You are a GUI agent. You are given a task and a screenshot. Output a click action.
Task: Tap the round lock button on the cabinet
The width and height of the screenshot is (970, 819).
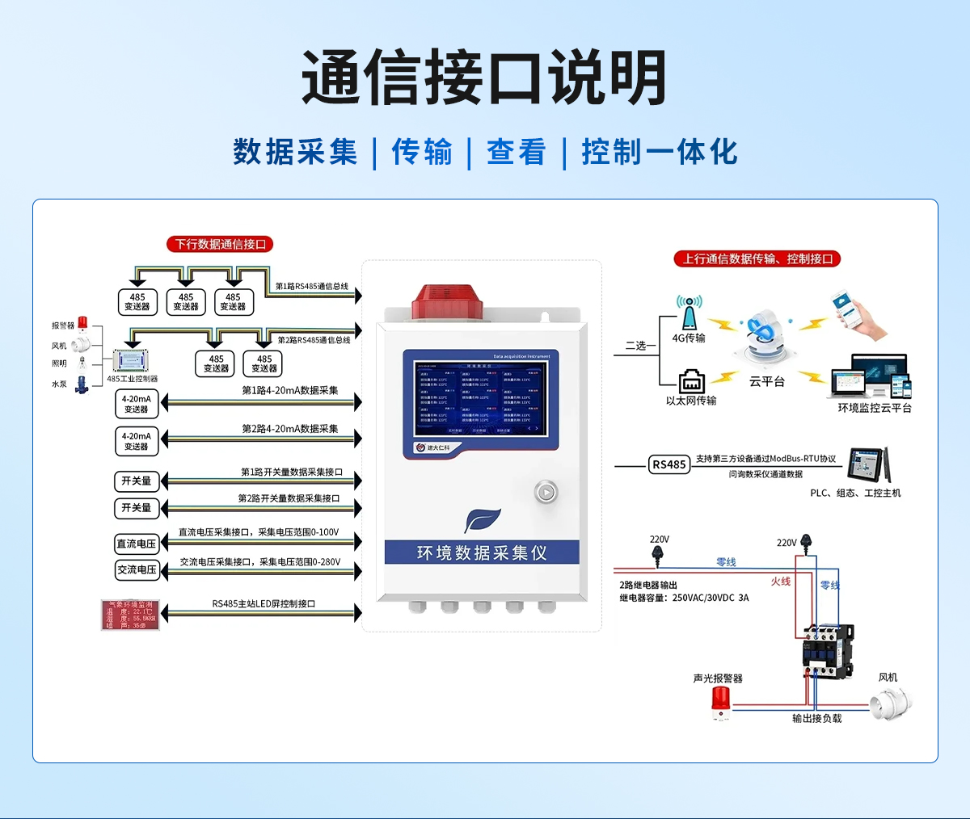click(x=546, y=491)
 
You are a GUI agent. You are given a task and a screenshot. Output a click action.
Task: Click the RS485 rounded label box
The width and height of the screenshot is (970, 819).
click(x=669, y=464)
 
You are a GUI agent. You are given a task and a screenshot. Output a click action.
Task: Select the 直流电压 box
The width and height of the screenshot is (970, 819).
click(x=137, y=544)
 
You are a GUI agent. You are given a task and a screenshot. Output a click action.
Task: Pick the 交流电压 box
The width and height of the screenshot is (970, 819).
click(x=137, y=570)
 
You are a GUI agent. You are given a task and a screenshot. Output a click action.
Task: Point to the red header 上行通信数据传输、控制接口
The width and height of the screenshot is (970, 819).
click(x=757, y=258)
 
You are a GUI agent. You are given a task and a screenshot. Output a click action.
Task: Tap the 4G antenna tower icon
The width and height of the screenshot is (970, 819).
click(x=689, y=313)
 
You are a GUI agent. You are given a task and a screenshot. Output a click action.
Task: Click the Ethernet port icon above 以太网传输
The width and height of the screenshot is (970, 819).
click(x=691, y=380)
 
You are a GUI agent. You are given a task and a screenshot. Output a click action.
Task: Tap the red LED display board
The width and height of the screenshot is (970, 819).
click(x=130, y=615)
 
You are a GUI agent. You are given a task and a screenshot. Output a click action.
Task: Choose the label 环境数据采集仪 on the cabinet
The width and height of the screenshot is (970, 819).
click(x=482, y=552)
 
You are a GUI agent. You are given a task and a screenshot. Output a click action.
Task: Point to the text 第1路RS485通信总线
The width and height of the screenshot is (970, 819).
click(x=312, y=287)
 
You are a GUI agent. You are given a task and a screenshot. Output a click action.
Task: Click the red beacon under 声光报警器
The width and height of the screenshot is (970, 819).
click(x=719, y=701)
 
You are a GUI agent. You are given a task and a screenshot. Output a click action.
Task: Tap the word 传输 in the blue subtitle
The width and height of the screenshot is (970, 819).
click(x=422, y=152)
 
